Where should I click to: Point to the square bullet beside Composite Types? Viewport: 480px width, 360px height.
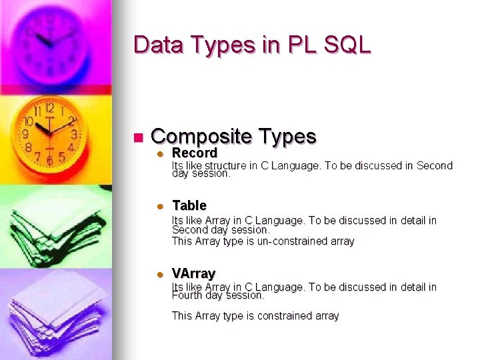[x=139, y=138]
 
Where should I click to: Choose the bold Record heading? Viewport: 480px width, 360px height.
[x=195, y=153]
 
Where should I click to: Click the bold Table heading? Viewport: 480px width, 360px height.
[x=189, y=205]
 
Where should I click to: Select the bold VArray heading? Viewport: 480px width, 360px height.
[x=193, y=273]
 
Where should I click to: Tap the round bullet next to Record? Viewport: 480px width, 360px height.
[x=160, y=153]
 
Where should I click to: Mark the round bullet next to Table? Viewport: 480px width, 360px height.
[x=160, y=206]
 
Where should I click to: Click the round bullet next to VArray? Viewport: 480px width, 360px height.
[x=160, y=274]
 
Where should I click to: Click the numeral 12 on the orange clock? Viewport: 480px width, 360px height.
[x=49, y=107]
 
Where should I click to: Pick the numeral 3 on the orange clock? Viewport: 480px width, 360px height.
[x=73, y=134]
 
